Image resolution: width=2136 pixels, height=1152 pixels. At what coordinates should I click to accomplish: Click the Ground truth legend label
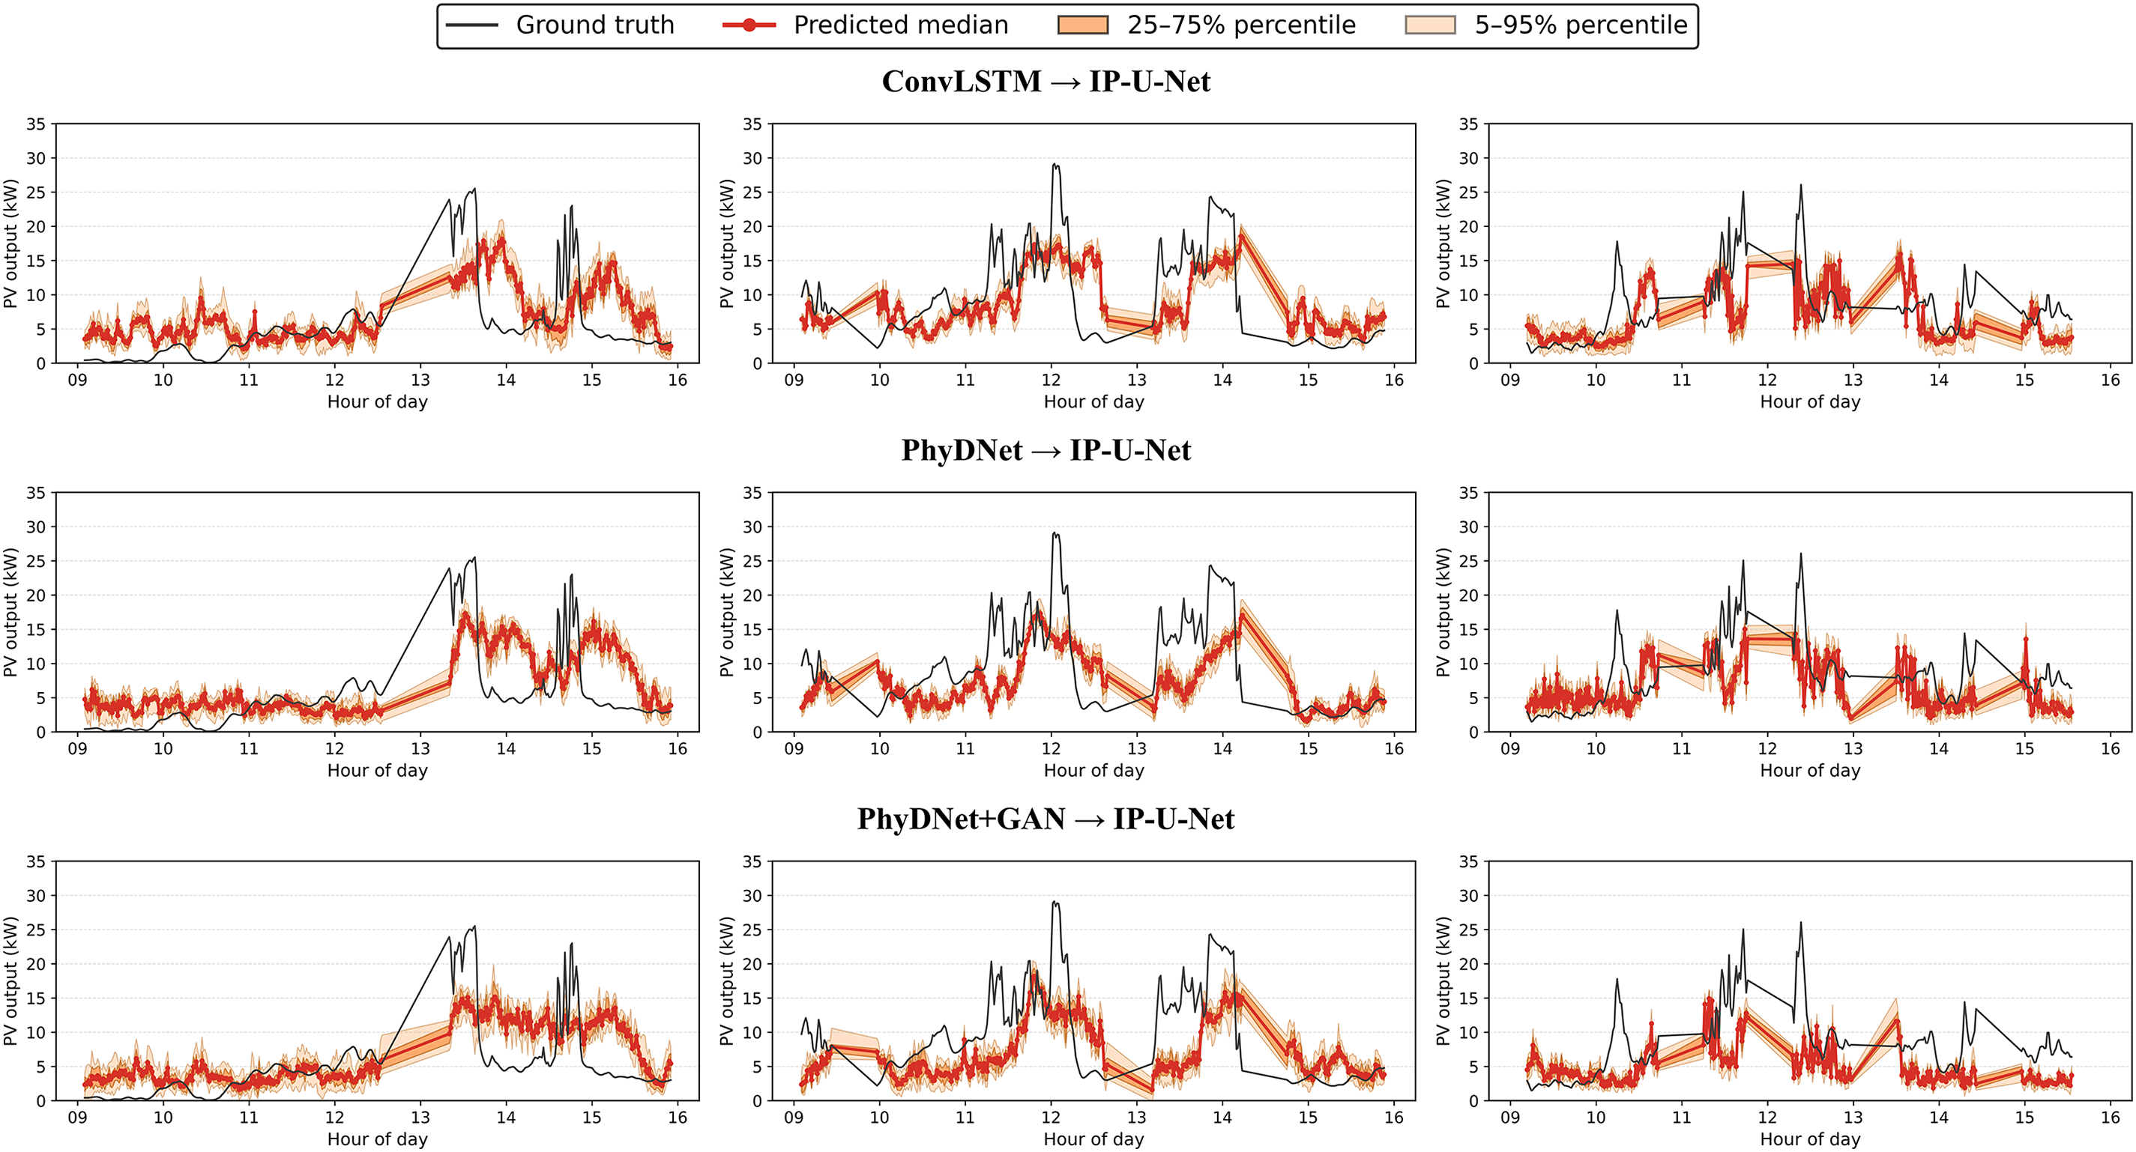tap(594, 25)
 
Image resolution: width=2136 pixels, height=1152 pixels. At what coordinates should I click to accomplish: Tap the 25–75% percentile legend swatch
tap(1082, 25)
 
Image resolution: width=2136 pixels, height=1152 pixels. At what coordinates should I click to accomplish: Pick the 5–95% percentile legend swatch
tap(1429, 25)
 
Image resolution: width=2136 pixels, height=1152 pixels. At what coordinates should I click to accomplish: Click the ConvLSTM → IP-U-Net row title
tap(1046, 81)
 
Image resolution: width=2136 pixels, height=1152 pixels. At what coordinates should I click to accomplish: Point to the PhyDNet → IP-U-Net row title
tap(1046, 450)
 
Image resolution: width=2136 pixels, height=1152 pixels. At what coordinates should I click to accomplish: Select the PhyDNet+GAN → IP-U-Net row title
tap(1046, 819)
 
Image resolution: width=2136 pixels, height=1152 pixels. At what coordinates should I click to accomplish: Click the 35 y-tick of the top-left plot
tap(36, 124)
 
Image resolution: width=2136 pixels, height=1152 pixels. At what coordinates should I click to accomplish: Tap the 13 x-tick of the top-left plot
tap(420, 381)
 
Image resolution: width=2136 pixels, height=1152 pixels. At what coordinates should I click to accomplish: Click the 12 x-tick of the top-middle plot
tap(1051, 381)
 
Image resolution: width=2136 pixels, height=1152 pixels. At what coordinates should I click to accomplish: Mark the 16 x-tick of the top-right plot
tap(2111, 381)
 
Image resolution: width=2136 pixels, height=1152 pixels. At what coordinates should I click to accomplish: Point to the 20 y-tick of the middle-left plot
tap(36, 595)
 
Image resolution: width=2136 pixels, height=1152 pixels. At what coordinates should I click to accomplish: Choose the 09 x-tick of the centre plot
tap(794, 749)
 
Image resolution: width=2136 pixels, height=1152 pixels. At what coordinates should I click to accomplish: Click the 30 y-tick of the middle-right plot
tap(1468, 527)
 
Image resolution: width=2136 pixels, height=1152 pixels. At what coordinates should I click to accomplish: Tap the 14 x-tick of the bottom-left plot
tap(506, 1118)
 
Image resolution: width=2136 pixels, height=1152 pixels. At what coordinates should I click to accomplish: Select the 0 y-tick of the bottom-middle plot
tap(757, 1100)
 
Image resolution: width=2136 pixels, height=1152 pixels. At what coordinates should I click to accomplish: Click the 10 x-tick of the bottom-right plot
tap(1596, 1118)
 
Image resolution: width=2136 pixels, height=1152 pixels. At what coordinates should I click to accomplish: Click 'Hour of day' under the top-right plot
tap(1810, 402)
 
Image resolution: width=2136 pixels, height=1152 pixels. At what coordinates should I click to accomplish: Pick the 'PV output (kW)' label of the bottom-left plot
tap(10, 980)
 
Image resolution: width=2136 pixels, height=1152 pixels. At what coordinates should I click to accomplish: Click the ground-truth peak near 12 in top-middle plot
tap(1054, 164)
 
